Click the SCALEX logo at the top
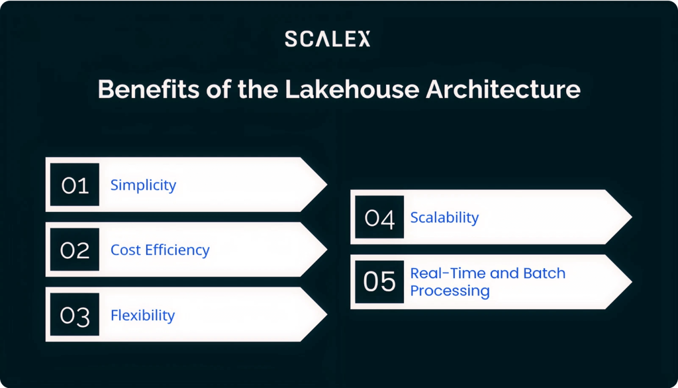[327, 38]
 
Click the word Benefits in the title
[149, 89]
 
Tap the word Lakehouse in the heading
[352, 89]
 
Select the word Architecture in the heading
[503, 89]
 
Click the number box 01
[75, 185]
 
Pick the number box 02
[75, 250]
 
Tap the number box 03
[75, 315]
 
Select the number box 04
[379, 217]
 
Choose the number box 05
[379, 281]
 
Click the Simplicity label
[143, 185]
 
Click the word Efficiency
[177, 250]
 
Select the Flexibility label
[143, 315]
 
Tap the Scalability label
[444, 217]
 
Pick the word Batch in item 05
[544, 273]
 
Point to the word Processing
[450, 291]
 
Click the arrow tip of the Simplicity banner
[326, 185]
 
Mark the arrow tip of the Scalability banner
[631, 217]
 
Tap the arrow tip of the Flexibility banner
[326, 315]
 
